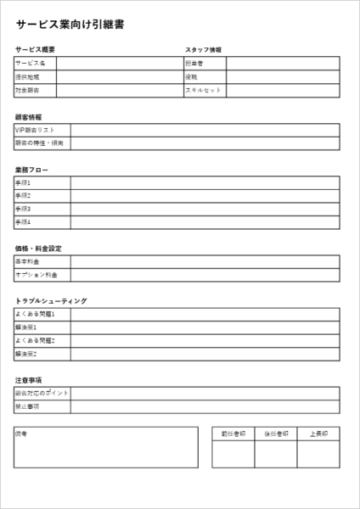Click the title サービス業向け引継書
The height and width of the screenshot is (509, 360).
(70, 25)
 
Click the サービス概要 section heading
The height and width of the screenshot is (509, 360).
(35, 50)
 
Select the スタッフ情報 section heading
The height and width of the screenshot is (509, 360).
(203, 50)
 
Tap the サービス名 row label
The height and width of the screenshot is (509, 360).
(30, 64)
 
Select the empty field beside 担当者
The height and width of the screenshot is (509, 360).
(284, 64)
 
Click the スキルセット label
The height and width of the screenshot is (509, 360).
(203, 90)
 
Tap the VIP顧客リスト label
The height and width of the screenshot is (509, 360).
(35, 130)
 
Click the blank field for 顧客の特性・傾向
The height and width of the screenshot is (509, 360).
(205, 143)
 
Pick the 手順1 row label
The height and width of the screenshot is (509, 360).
(23, 182)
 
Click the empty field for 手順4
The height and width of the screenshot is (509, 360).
(205, 221)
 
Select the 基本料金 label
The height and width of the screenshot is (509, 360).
(27, 261)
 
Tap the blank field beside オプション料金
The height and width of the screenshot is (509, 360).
(205, 275)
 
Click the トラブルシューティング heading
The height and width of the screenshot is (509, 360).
(51, 300)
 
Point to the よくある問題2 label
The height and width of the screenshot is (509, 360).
(35, 340)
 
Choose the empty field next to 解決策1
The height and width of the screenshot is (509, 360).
(205, 327)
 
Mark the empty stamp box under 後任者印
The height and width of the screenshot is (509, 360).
(276, 454)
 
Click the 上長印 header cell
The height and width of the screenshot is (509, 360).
(318, 433)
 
